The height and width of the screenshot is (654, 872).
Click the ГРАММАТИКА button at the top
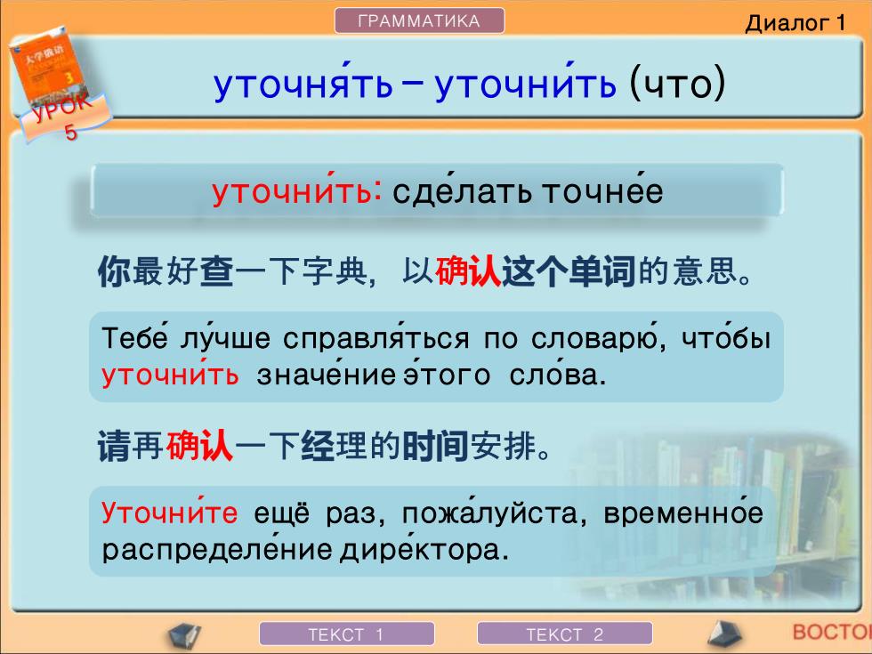(x=419, y=21)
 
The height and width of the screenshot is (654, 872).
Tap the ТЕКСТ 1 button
(x=346, y=634)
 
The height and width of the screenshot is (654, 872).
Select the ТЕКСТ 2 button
(x=564, y=634)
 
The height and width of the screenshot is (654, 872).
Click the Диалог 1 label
(x=795, y=23)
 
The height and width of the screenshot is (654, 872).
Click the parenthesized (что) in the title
(x=677, y=84)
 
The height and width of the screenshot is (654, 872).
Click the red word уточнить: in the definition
(x=297, y=190)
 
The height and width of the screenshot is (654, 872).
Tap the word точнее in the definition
(x=602, y=190)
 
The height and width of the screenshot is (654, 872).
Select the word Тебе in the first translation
(x=134, y=337)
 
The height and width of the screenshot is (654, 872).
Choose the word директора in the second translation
(x=424, y=550)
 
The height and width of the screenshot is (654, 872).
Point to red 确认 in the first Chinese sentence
(x=468, y=272)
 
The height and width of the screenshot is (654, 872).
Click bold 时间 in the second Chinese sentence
(x=435, y=446)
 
